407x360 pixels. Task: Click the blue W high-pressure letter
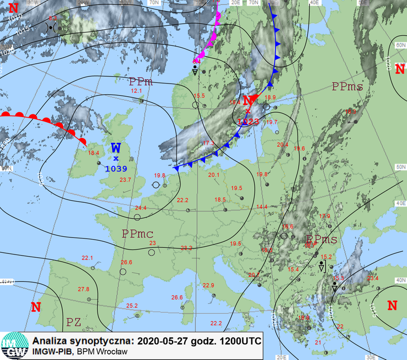(x=116, y=148)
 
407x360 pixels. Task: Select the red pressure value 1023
(x=249, y=122)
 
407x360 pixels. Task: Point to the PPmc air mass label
(x=137, y=234)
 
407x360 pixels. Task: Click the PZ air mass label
(x=74, y=322)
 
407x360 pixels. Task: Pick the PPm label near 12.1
(x=141, y=82)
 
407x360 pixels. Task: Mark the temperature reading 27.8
(x=84, y=289)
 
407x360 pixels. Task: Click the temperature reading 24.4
(x=141, y=208)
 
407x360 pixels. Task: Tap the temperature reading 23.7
(x=125, y=180)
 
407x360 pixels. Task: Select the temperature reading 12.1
(x=136, y=91)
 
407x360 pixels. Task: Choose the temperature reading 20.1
(x=213, y=175)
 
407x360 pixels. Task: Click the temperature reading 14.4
(x=262, y=207)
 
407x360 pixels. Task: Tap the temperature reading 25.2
(x=131, y=306)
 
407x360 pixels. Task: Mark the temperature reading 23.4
(x=373, y=278)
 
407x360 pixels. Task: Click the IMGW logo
(x=14, y=345)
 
